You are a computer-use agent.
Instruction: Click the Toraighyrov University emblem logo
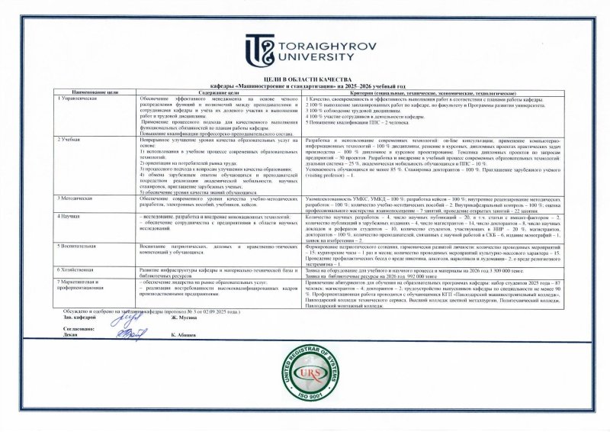pos(258,48)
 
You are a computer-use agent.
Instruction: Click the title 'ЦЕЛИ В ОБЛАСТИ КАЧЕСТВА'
pos(305,79)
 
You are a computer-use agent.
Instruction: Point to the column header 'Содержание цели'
pos(207,92)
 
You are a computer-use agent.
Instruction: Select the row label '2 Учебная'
pos(71,141)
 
